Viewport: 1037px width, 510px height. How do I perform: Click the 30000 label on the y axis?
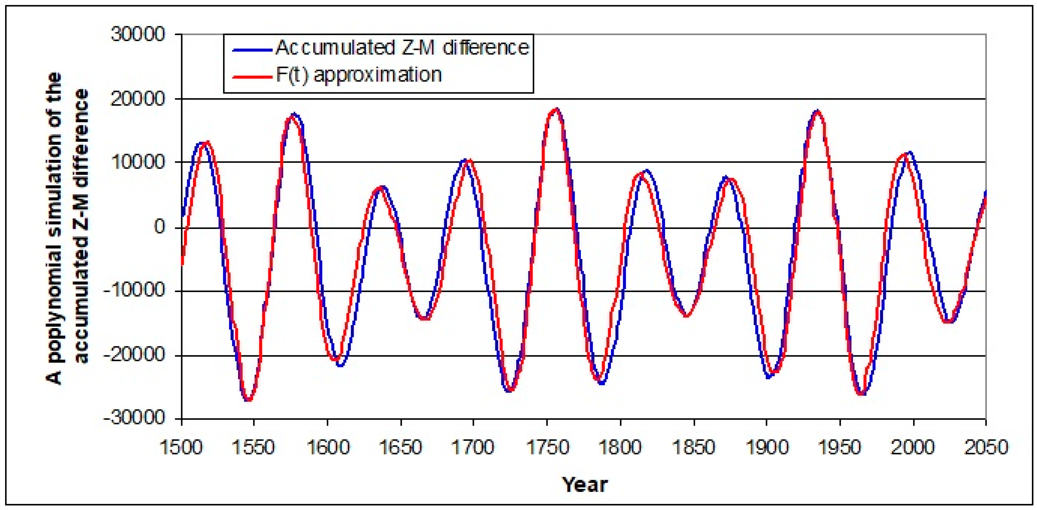pos(138,35)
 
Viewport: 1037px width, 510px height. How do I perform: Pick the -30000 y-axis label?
pos(135,418)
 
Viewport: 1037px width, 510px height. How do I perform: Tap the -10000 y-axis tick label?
pos(135,290)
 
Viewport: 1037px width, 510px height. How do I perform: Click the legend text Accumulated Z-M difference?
pos(402,48)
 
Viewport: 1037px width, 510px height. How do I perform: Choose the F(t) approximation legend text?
pos(358,75)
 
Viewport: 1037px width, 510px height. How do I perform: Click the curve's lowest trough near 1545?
pos(248,400)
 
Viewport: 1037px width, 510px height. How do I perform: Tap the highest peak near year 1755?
pos(556,109)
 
